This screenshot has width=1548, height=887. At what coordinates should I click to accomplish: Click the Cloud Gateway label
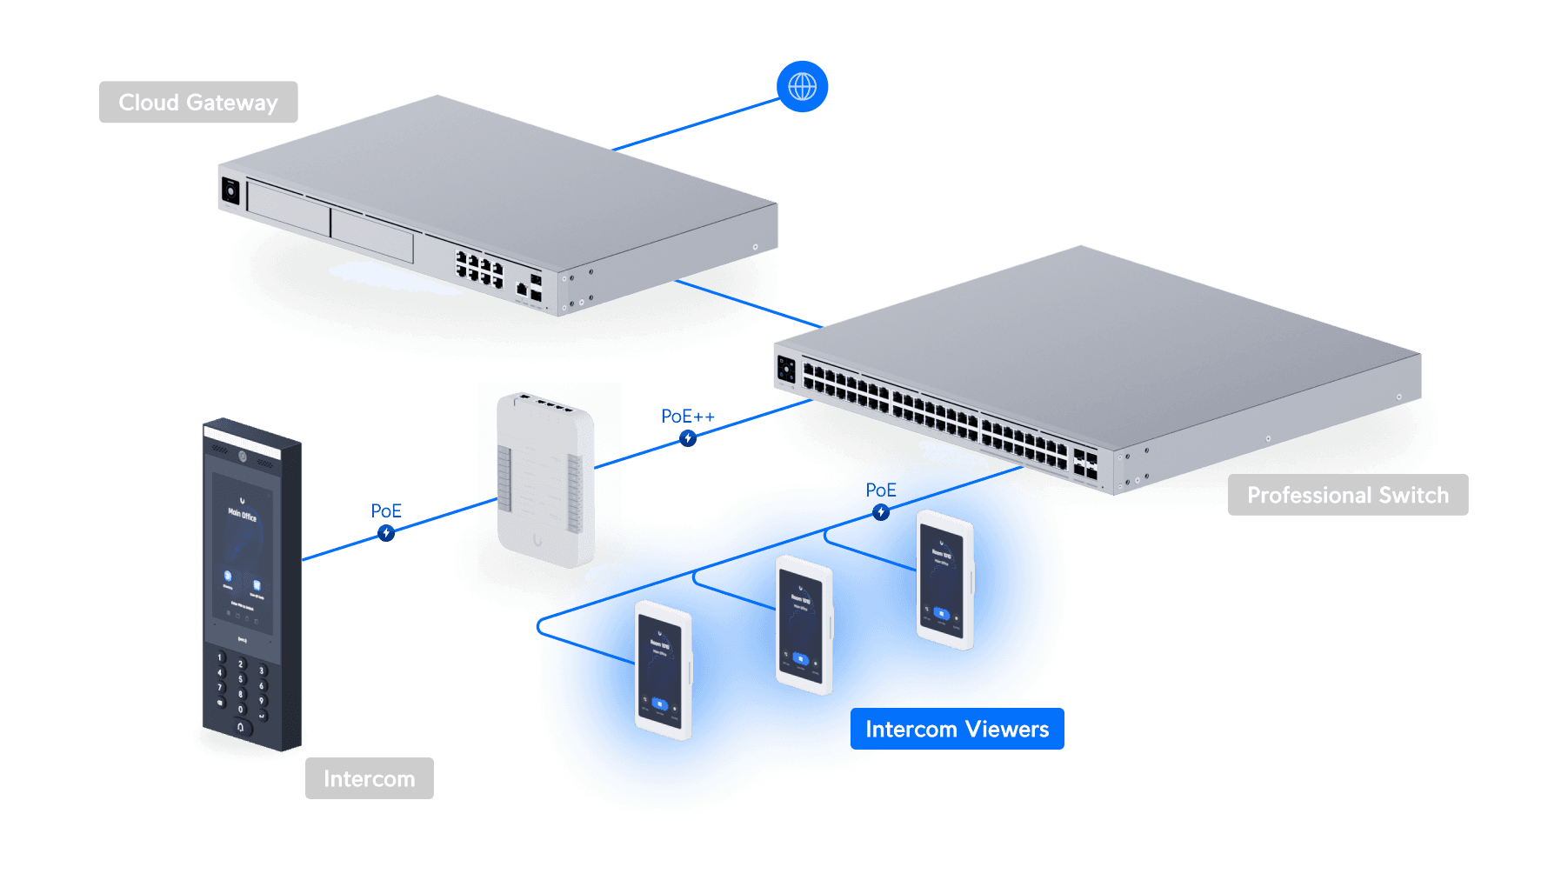(198, 103)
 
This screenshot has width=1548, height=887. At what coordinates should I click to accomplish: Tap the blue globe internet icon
(802, 86)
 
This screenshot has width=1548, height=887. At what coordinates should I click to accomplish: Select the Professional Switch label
(1347, 495)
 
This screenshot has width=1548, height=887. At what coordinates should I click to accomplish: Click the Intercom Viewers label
(957, 729)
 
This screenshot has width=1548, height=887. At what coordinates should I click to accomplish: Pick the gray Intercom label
(369, 778)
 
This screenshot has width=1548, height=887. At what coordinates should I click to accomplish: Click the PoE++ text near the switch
(687, 417)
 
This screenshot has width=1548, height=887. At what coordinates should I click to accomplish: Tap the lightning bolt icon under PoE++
(688, 438)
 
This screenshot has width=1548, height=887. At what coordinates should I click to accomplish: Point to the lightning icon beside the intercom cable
(386, 533)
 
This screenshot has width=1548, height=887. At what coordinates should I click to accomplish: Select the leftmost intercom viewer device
(663, 670)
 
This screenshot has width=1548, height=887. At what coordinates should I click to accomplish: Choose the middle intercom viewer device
(804, 624)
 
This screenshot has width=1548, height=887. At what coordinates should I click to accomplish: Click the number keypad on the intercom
(241, 691)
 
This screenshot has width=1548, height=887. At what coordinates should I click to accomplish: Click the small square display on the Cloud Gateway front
(230, 190)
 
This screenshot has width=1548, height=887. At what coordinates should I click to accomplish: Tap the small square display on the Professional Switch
(786, 370)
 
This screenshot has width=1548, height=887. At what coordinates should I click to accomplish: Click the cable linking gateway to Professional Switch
(748, 303)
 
